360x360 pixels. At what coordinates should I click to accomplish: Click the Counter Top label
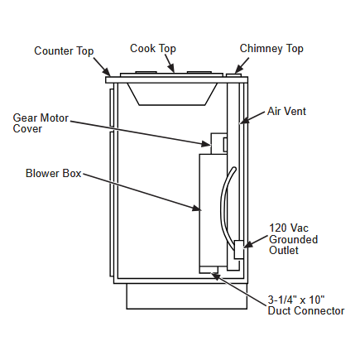pos(64,51)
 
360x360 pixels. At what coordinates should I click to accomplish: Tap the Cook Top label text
pos(153,49)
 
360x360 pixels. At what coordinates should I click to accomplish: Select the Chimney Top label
pos(271,49)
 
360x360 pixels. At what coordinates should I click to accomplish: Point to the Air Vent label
pos(286,111)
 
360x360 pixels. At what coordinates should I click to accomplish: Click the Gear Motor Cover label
pos(41,123)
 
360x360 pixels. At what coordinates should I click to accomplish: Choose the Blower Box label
pos(54,174)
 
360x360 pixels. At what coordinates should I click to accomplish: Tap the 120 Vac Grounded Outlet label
pos(293,239)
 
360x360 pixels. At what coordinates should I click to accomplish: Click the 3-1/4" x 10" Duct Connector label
pos(306,305)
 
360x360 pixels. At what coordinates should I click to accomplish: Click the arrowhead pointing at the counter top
pos(106,71)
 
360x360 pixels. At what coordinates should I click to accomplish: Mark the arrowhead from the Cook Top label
pos(171,68)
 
